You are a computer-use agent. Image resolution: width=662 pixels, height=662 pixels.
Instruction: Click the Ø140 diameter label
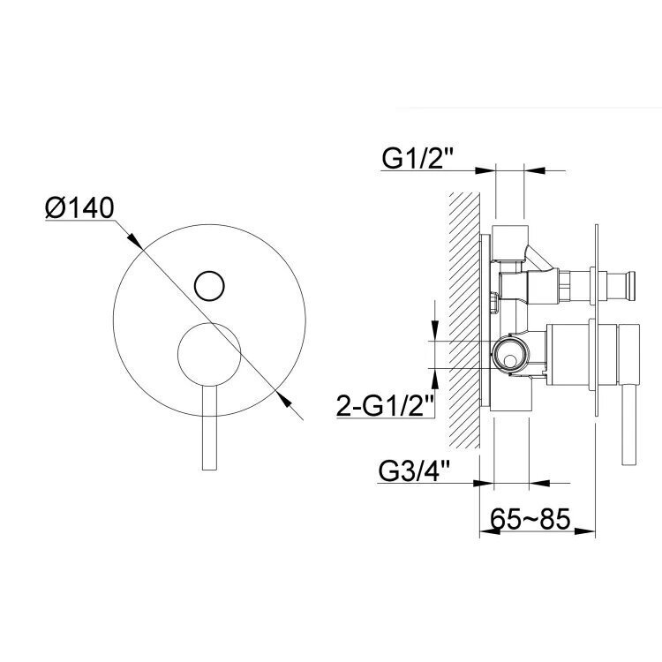[79, 207]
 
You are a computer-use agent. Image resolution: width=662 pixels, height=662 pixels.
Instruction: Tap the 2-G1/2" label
[386, 405]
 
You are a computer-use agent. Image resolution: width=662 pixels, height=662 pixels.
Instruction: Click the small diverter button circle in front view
[209, 285]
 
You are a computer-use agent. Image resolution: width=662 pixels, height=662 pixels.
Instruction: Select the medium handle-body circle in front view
[209, 354]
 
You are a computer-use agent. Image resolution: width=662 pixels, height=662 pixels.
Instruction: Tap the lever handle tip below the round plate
[210, 468]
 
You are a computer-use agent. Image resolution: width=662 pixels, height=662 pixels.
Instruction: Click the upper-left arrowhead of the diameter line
[135, 240]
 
